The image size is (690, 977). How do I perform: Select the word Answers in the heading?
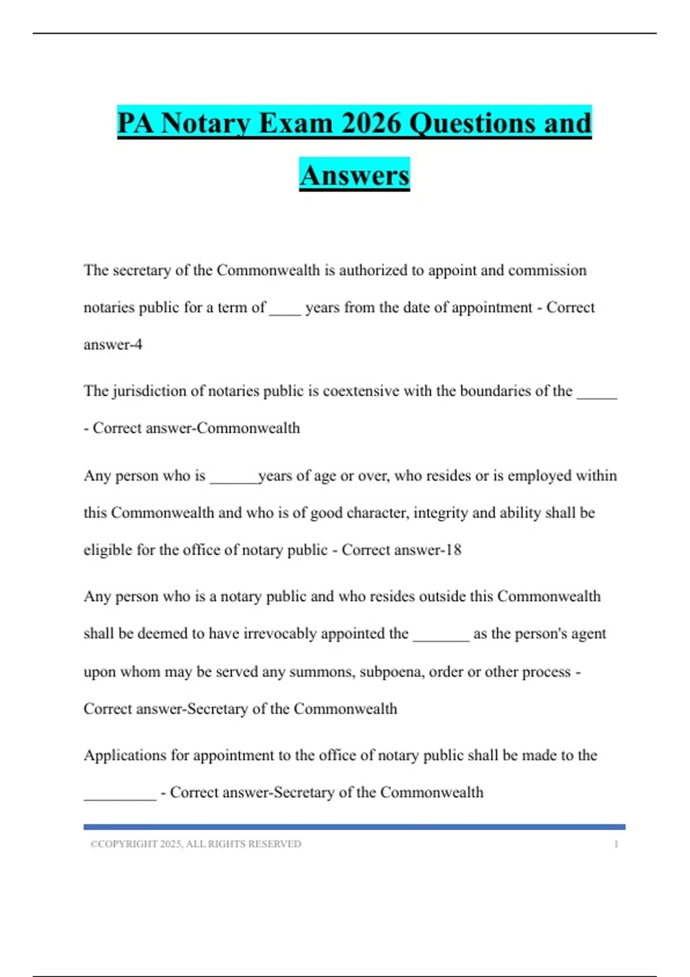(354, 175)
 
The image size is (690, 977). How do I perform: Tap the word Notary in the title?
(207, 123)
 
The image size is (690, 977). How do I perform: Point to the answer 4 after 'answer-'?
(139, 345)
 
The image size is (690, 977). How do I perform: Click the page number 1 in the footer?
(616, 844)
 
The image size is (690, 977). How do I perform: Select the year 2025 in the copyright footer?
(170, 844)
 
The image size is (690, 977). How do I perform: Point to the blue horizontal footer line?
(354, 827)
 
